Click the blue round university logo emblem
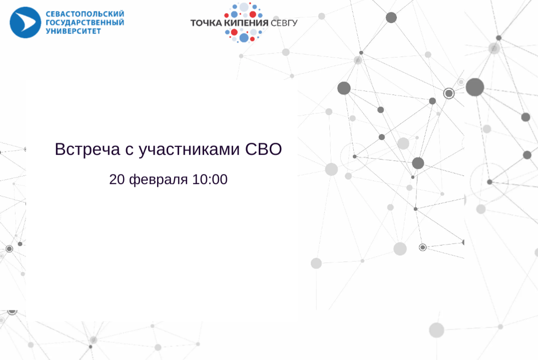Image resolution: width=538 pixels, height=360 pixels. (x=25, y=22)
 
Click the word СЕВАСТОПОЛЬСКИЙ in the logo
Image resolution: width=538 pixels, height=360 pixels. (x=85, y=14)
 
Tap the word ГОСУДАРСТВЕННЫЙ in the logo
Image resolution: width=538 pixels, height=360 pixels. (x=85, y=22)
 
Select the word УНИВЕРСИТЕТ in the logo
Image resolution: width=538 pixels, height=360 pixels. (x=73, y=31)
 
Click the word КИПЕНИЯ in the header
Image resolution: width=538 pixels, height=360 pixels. (x=247, y=23)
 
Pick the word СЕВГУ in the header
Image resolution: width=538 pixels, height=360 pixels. (x=284, y=23)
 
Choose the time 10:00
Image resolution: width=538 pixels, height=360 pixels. (x=210, y=179)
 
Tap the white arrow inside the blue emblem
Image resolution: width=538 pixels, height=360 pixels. (x=27, y=22)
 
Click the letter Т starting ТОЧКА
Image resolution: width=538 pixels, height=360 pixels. (x=193, y=23)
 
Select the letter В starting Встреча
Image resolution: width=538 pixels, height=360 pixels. (x=60, y=149)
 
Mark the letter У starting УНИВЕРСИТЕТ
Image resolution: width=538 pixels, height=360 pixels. (x=48, y=31)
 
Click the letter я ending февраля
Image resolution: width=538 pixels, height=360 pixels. (x=184, y=180)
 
